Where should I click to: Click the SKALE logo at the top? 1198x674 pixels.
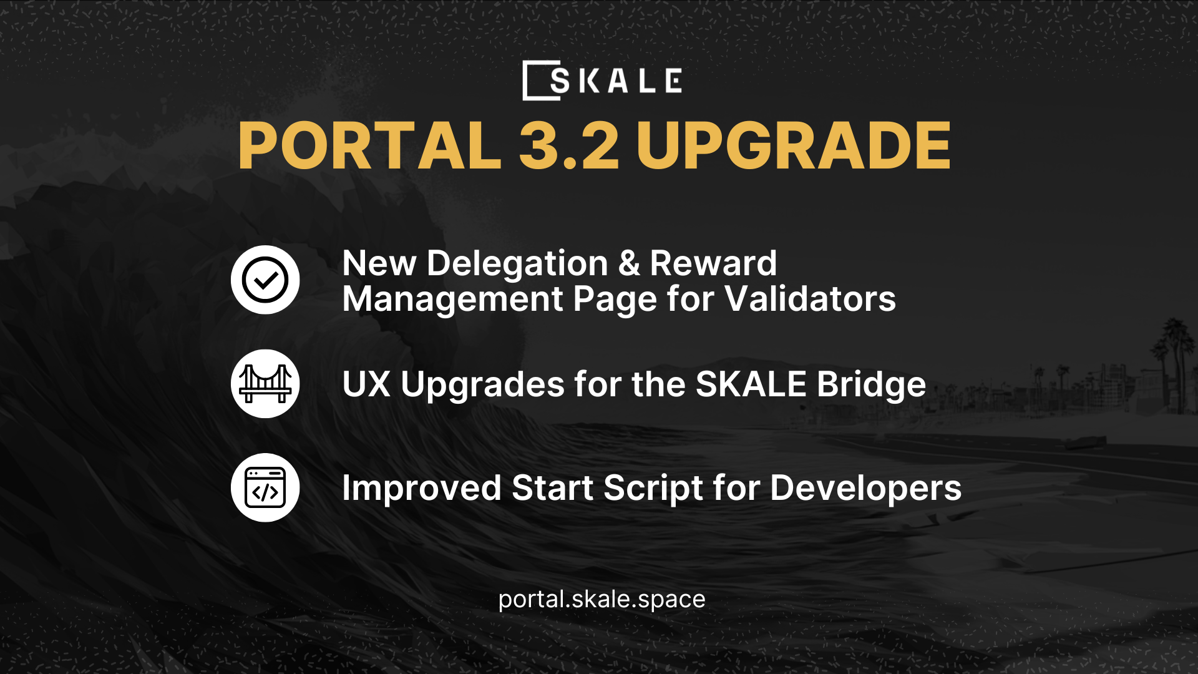point(602,81)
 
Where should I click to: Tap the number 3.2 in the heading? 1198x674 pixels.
point(568,146)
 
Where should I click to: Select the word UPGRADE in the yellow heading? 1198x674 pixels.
point(793,146)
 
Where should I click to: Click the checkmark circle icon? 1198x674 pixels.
point(265,280)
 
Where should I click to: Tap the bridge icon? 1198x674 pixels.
point(265,384)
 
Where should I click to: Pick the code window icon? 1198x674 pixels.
point(265,487)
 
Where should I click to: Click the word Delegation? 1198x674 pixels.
point(517,263)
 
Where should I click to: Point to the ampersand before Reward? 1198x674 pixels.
point(629,263)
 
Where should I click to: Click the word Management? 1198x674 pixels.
point(452,299)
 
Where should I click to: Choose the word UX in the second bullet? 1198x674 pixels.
point(366,384)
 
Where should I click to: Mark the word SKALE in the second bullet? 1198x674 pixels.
point(751,384)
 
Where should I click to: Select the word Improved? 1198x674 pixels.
point(421,488)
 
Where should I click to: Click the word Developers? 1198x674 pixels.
point(865,488)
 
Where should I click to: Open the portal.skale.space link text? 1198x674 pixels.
point(601,600)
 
